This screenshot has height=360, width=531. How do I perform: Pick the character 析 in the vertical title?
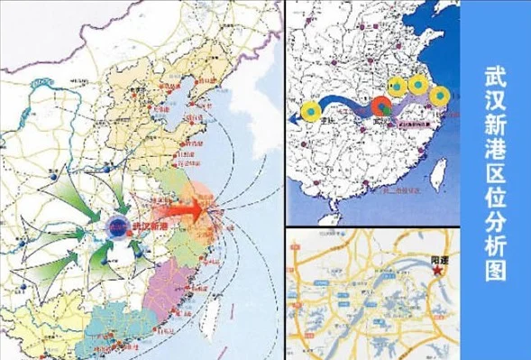pos(496,241)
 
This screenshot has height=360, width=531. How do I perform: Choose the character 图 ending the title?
pos(496,269)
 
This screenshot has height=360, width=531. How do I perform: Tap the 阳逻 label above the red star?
pos(438,256)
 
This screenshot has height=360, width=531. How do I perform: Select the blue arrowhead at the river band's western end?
pos(294,117)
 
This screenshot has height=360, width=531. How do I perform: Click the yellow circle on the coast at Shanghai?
pos(439,96)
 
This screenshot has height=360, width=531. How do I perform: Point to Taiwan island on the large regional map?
pos(214,309)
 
